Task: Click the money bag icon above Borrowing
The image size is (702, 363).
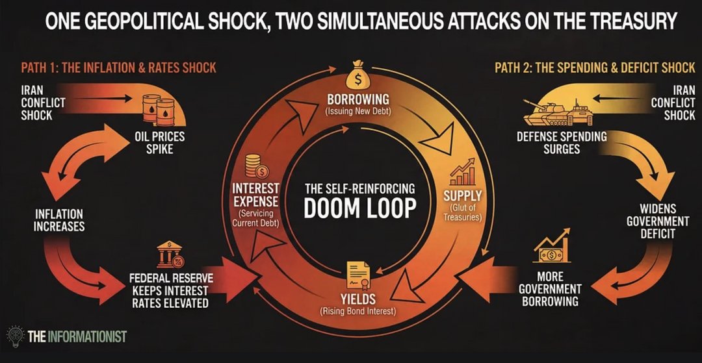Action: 357,77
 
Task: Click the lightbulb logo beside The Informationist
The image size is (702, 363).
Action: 14,336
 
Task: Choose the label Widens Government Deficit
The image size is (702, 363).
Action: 657,221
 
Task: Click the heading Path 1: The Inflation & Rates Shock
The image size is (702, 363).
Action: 118,68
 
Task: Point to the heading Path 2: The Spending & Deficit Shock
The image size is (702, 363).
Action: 594,68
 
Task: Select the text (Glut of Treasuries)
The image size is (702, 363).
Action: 462,212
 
